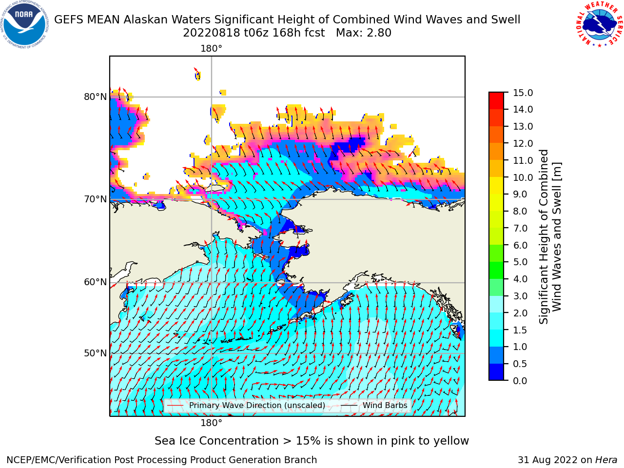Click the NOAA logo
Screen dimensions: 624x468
pos(24,25)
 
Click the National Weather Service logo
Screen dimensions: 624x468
pos(600,25)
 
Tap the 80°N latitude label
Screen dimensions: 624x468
pos(95,97)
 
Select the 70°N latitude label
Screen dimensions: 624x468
pos(95,199)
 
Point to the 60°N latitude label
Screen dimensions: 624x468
pos(95,282)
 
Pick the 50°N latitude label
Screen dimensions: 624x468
pos(95,353)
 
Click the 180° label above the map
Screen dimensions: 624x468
pos(211,49)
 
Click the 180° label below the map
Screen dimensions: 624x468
pos(211,423)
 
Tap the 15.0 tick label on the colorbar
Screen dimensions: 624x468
pos(523,93)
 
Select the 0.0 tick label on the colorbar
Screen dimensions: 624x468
pos(520,381)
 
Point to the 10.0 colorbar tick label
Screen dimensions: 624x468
pos(523,177)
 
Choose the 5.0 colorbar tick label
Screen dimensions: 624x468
pos(520,262)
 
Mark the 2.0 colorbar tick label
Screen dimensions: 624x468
pos(520,313)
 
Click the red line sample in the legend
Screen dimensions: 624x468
pos(175,406)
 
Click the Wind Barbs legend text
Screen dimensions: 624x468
pos(385,405)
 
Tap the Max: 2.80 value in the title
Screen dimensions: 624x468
pos(364,33)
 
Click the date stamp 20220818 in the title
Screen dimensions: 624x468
pos(212,33)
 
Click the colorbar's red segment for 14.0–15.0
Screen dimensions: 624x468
pos(496,101)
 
